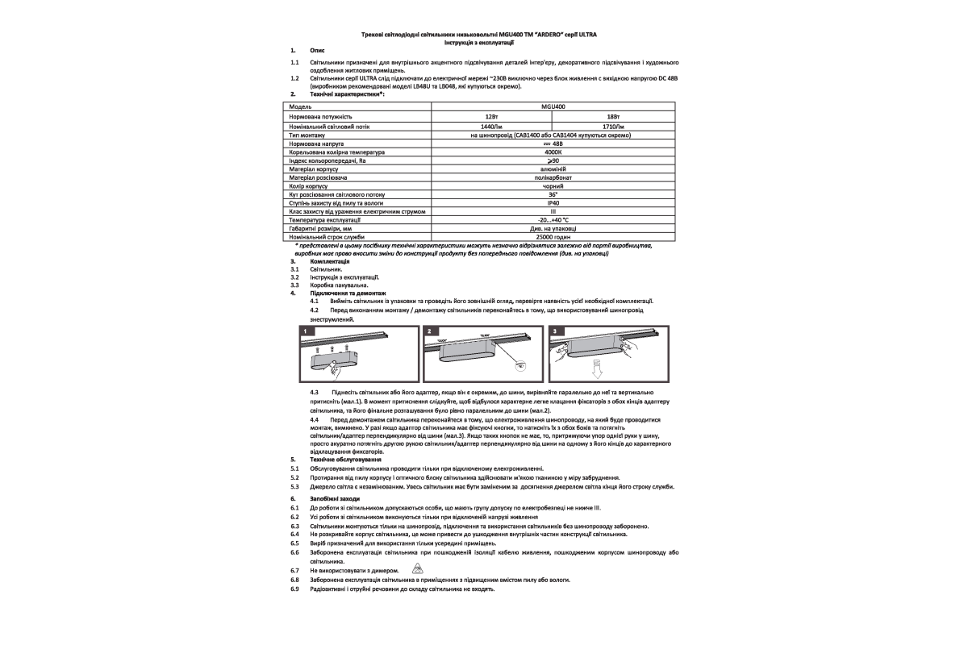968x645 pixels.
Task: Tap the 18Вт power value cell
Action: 612,117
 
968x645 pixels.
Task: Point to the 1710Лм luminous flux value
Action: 613,127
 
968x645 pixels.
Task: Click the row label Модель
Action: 300,106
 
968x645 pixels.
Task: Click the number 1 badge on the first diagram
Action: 307,331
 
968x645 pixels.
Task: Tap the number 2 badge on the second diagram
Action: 430,331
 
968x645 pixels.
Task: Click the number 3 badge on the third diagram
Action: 554,331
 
